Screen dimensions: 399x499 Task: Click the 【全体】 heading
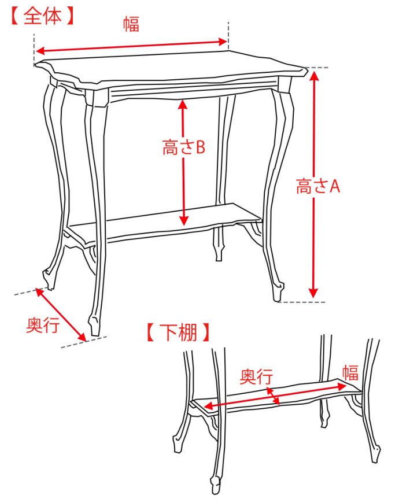[x=42, y=16]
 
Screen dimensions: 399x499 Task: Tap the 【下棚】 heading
[x=178, y=332]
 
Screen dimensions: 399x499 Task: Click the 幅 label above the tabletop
[x=131, y=24]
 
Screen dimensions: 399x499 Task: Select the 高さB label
[x=183, y=147]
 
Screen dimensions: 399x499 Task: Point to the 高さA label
[x=318, y=186]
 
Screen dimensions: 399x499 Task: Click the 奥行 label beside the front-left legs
[x=43, y=325]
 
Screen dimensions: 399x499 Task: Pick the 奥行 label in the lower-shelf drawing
[x=256, y=376]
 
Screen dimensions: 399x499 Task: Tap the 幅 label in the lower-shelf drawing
[x=350, y=372]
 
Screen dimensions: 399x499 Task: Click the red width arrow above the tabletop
[x=131, y=46]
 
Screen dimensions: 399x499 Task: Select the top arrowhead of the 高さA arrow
[x=314, y=76]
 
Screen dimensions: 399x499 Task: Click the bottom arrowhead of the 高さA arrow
[x=314, y=293]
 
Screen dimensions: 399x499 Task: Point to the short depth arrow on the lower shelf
[x=273, y=396]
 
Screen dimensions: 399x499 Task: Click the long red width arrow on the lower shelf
[x=275, y=396]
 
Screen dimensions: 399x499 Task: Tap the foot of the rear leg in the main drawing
[x=219, y=253]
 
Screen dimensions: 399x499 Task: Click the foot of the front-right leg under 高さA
[x=278, y=291]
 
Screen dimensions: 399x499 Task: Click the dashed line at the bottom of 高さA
[x=303, y=302]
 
